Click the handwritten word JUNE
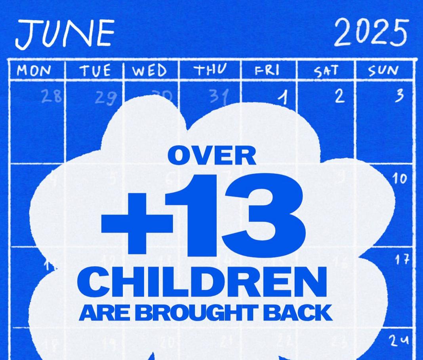65,34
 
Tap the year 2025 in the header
370,32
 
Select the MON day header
34,71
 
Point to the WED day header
149,71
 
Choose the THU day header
210,70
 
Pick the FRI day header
267,70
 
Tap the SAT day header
326,72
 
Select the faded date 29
106,98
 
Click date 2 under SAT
339,97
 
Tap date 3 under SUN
399,95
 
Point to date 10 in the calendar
399,179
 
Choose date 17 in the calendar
401,260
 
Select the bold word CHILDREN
202,282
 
